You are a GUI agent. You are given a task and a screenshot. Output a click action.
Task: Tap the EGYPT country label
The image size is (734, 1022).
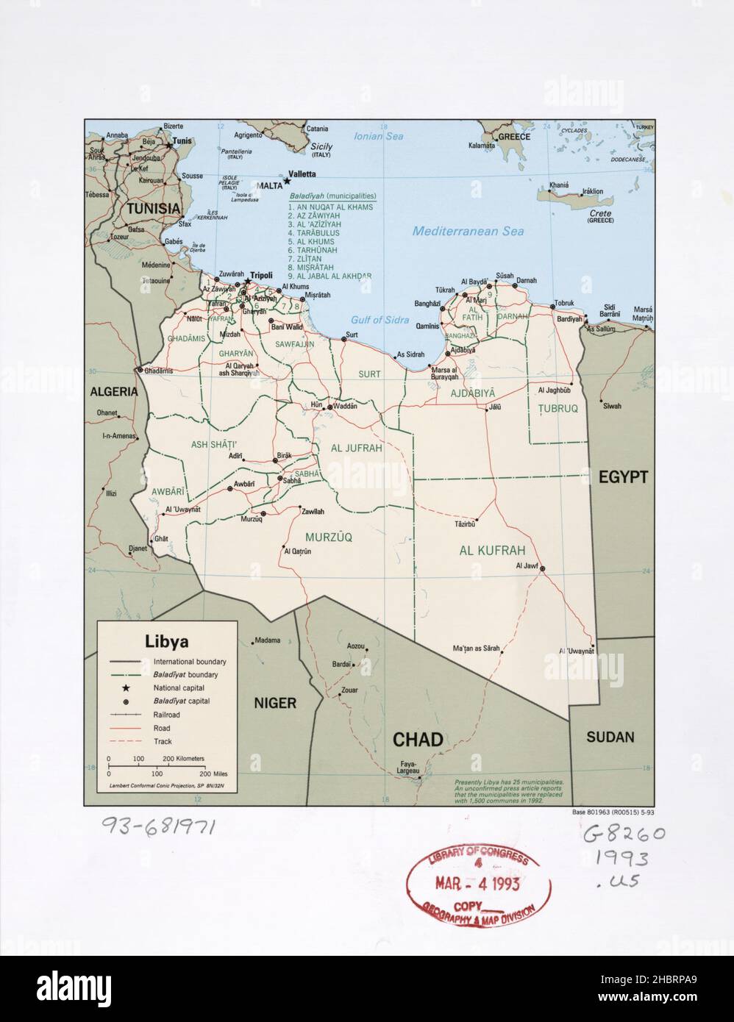[x=622, y=477]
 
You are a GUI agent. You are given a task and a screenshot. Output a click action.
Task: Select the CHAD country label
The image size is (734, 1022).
[x=417, y=739]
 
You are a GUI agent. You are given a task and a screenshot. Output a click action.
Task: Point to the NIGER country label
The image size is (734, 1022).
[x=275, y=703]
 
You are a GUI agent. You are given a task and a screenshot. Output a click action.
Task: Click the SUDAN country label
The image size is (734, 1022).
[x=610, y=737]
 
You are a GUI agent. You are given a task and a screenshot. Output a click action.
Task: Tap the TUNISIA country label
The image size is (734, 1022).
[x=152, y=209]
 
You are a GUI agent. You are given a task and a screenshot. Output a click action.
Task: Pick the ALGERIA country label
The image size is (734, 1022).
[x=114, y=392]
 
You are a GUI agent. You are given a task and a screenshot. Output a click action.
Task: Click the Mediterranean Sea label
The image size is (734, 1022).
[x=468, y=231]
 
